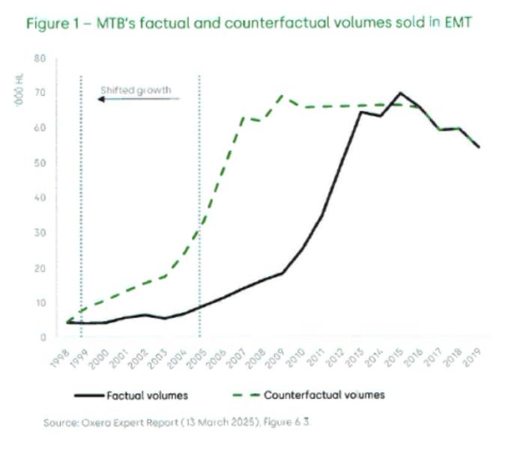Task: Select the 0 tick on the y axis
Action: click(x=43, y=337)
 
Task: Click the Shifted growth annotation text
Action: click(x=136, y=91)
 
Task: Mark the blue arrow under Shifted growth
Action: click(x=139, y=99)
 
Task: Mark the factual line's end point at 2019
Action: click(x=479, y=147)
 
